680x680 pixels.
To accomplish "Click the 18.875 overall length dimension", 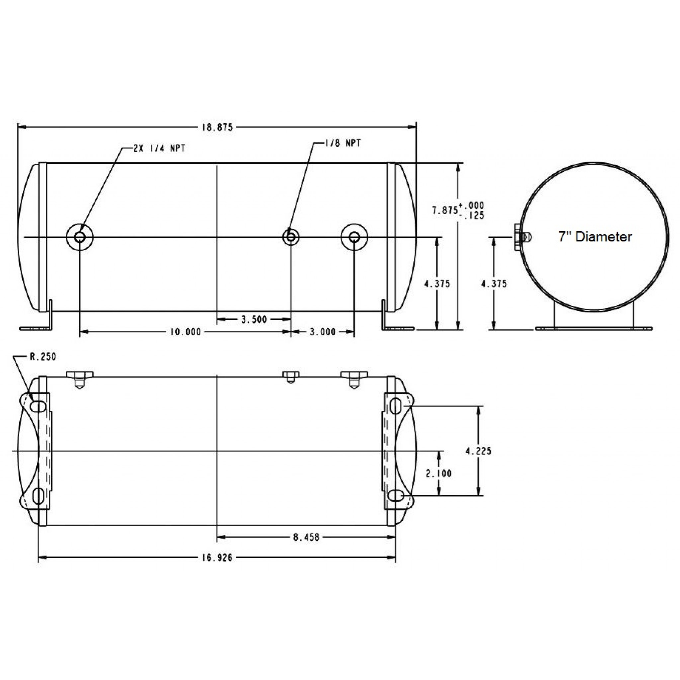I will point(217,127).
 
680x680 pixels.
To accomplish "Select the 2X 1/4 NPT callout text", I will point(159,148).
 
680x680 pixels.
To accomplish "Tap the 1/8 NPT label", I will point(342,143).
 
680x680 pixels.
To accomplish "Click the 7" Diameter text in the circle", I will point(595,236).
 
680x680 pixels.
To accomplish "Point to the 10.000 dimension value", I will point(186,332).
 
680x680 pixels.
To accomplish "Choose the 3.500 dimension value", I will point(254,320).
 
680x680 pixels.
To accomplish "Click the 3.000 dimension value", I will point(322,332).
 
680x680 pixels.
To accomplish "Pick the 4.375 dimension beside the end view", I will point(494,284).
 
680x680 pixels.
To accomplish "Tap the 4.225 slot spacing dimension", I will point(478,451).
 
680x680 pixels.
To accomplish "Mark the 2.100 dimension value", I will point(439,473).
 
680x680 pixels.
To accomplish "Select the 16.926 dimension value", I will point(217,558).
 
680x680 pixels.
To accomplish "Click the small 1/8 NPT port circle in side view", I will point(291,237).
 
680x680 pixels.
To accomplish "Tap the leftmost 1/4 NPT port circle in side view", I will point(80,237).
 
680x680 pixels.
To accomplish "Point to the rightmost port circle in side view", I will point(354,237).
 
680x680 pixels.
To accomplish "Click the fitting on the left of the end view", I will point(522,238).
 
